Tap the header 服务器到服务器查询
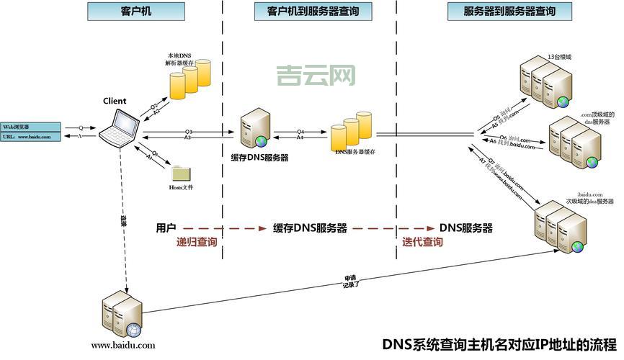tap(509, 11)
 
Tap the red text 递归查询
tap(197, 243)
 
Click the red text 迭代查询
tap(422, 243)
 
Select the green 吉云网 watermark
tap(316, 75)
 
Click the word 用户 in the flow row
tap(166, 228)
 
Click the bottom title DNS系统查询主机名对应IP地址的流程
tap(499, 344)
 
